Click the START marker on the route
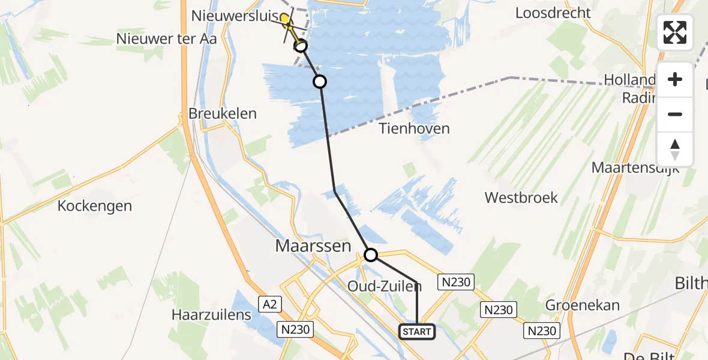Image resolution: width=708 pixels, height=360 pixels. (417, 331)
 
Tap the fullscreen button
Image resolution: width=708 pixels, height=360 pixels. (675, 32)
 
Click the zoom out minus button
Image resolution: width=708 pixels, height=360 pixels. (675, 115)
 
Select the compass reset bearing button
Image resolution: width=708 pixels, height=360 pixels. (675, 149)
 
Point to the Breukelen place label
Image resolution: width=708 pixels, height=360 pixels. (223, 113)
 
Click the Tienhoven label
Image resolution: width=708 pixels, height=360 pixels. (415, 128)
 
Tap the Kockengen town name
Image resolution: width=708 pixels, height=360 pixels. (95, 206)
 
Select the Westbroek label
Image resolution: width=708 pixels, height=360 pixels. (521, 197)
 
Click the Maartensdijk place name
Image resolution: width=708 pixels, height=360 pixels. (635, 167)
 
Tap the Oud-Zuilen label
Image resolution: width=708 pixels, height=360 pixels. (385, 287)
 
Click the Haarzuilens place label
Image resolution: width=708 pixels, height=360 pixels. (211, 314)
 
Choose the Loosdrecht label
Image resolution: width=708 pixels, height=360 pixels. (553, 13)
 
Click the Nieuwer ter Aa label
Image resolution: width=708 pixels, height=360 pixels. (167, 38)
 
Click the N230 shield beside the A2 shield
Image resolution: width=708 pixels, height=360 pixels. (293, 329)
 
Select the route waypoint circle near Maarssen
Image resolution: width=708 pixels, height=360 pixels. (371, 255)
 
